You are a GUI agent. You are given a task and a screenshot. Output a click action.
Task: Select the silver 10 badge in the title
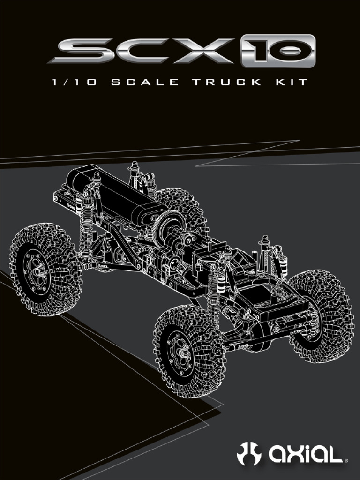coord(278,51)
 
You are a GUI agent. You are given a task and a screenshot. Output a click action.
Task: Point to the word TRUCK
coord(227,82)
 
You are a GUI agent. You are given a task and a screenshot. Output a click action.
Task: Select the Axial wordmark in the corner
coord(306,454)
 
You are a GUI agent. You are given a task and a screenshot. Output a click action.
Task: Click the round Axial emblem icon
coord(248,454)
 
